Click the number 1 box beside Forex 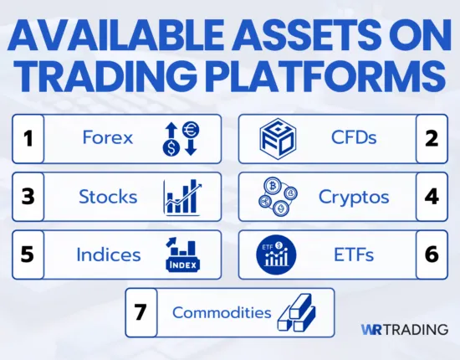[28, 138]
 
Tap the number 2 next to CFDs [432, 138]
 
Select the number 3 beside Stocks [28, 197]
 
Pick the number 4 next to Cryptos [432, 197]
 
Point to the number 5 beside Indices [28, 255]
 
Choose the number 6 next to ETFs [432, 255]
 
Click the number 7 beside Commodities [141, 312]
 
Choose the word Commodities [222, 313]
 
